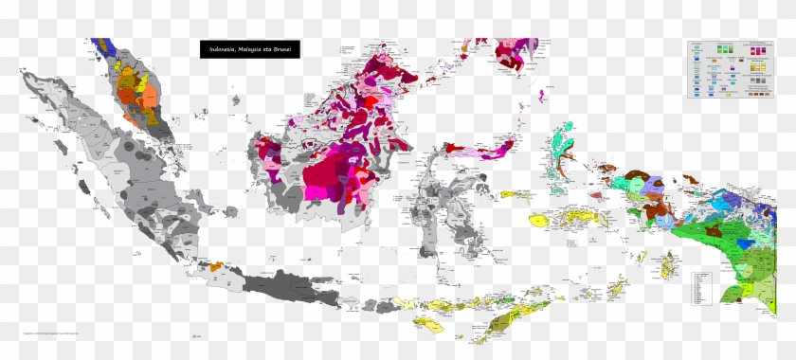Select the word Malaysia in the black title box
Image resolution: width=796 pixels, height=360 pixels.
click(x=251, y=49)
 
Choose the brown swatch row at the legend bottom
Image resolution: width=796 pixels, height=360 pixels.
click(x=759, y=93)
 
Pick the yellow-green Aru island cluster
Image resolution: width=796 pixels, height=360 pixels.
click(x=671, y=265)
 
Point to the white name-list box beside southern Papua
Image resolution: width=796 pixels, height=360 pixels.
click(x=702, y=284)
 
